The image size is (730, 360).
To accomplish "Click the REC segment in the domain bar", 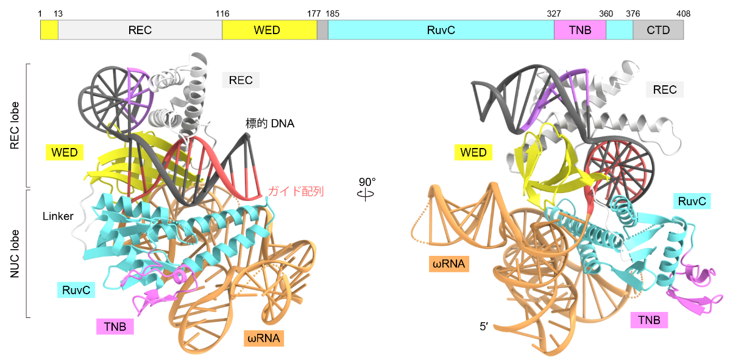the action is [140, 30].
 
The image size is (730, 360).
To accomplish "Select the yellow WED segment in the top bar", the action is [269, 30].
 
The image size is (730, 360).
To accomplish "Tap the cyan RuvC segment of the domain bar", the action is [441, 30].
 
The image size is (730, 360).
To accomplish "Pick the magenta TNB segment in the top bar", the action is [580, 30].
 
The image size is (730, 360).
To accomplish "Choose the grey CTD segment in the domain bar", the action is [658, 30].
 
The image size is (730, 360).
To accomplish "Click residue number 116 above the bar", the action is [222, 13].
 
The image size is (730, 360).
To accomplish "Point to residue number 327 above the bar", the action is [553, 13].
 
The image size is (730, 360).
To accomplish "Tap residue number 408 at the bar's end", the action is [683, 13].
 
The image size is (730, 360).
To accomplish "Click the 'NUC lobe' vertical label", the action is [15, 253].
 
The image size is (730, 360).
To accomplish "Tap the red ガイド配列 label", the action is [295, 192].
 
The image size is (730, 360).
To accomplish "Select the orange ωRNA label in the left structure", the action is [264, 339].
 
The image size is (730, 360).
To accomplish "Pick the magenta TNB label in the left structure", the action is [115, 326].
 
